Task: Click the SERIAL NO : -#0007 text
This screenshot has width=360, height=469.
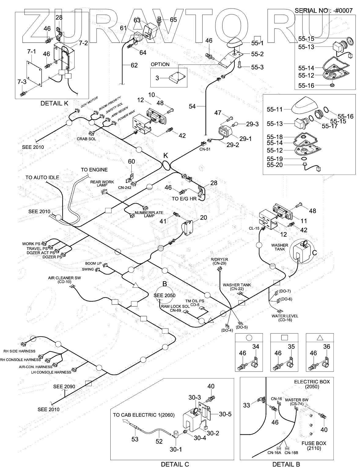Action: pos(324,10)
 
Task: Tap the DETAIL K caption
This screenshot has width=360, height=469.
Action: pos(54,103)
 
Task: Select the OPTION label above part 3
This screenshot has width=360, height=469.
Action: pos(160,65)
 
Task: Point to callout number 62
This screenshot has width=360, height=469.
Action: pos(134,65)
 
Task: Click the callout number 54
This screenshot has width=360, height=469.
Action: pos(192,106)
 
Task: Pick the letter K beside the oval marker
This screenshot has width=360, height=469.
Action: pos(166,155)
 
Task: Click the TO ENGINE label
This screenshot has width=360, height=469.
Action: pos(94,170)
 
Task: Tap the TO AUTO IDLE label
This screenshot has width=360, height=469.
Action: pos(42,177)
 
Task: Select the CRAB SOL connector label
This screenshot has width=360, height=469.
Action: pos(86,139)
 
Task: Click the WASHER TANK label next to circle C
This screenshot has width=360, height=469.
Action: pos(280,247)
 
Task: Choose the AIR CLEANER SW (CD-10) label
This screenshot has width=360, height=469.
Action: pos(64,280)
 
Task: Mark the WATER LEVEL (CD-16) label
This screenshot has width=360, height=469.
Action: pos(285,318)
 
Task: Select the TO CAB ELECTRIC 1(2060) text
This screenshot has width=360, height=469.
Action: pos(144,415)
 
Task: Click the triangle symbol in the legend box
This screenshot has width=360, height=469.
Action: pos(320,338)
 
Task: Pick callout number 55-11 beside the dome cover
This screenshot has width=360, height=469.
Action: pos(275,109)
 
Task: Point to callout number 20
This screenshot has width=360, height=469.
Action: pos(204,218)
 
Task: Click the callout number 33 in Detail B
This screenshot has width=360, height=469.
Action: pos(247,405)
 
